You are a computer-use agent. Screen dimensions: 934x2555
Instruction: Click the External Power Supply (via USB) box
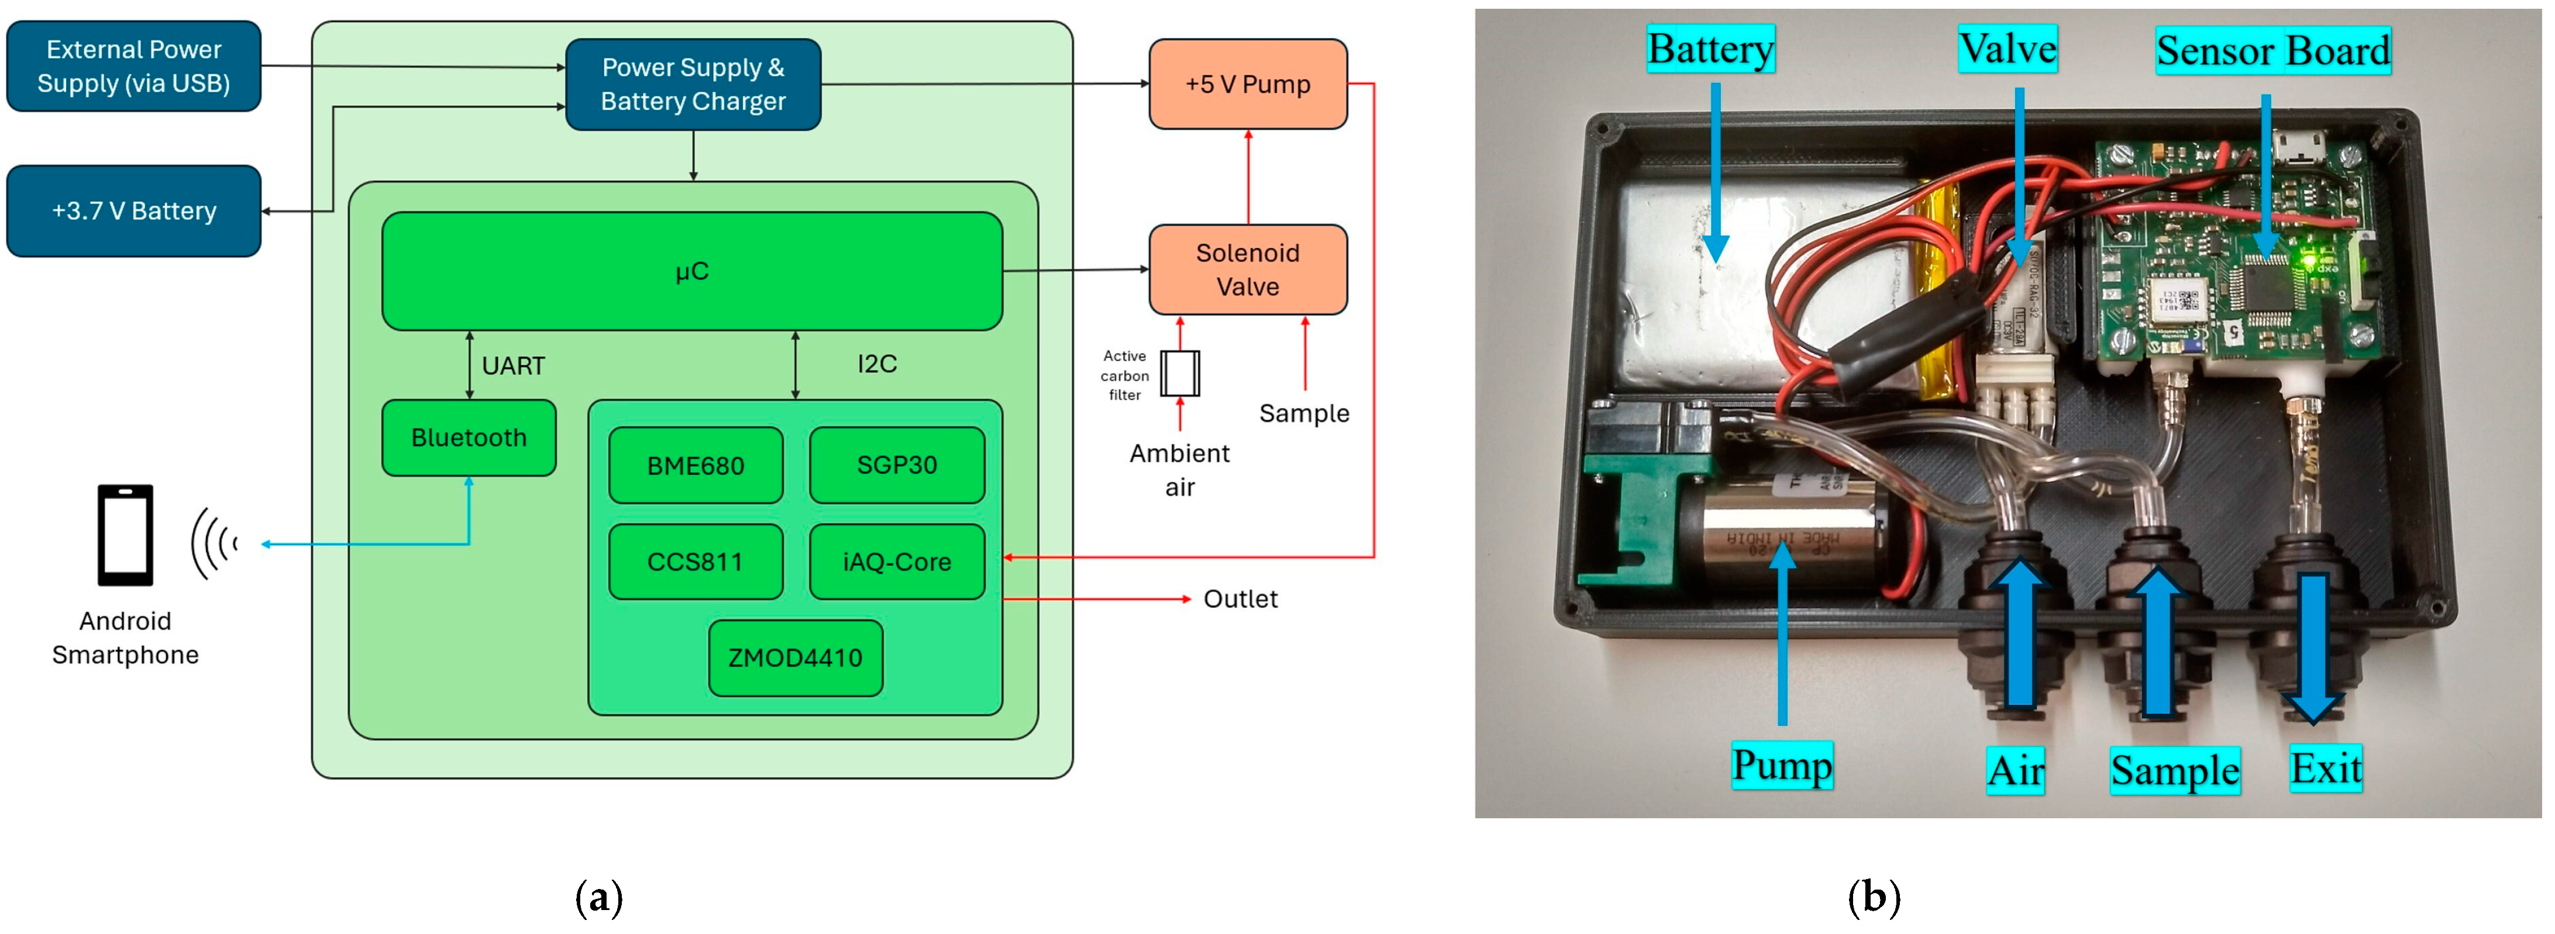coord(134,67)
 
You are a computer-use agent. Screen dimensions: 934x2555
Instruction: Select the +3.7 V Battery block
coord(134,211)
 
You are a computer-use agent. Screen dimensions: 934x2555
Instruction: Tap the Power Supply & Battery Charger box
coord(693,84)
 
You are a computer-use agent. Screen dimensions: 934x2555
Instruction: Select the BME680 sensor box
coord(695,466)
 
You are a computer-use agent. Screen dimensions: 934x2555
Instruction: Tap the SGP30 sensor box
coord(897,465)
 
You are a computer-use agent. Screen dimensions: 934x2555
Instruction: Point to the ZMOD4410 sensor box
coord(796,658)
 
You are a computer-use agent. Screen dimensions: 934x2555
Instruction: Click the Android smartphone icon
coord(125,535)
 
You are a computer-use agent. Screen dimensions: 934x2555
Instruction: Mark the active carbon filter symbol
coord(1179,374)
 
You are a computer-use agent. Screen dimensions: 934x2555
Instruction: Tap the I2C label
coord(877,365)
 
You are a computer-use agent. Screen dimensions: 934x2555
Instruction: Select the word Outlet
coord(1240,600)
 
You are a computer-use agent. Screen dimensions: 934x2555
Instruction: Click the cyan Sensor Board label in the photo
coord(2272,51)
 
